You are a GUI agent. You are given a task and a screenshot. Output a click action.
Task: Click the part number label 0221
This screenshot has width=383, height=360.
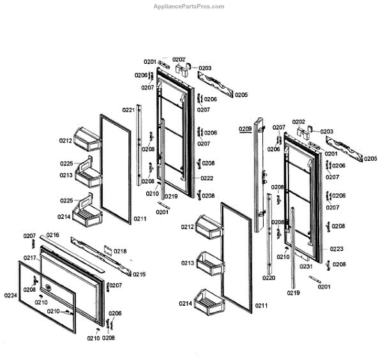point(128,110)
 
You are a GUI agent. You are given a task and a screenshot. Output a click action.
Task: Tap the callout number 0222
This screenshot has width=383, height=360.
point(206,178)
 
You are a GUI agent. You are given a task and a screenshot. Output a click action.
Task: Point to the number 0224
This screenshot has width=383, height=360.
point(11,295)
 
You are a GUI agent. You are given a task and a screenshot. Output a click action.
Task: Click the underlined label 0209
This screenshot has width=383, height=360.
point(246,129)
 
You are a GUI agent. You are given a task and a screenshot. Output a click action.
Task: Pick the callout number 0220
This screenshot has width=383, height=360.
point(269,278)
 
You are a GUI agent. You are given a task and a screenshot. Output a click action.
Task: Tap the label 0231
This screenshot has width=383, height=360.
point(306,267)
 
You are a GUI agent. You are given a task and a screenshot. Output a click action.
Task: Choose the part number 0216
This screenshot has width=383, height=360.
point(52,235)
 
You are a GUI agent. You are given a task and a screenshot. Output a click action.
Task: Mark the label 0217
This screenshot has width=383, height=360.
point(30,257)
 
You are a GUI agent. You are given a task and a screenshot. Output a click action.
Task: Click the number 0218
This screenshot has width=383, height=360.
point(120,251)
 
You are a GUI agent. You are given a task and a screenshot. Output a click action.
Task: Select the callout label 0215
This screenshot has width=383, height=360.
point(139,274)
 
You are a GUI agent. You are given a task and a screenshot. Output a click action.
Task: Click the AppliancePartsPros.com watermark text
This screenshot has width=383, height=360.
point(190,6)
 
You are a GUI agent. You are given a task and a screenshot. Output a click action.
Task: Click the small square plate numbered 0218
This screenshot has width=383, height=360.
point(107,251)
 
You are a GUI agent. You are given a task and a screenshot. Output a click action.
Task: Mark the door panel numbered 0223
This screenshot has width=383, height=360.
point(300,191)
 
